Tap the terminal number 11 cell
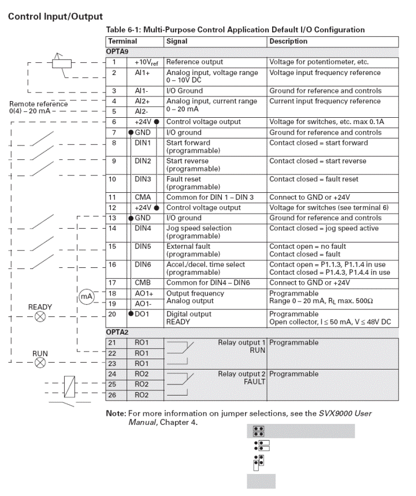tap(114, 197)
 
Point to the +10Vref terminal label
tap(144, 62)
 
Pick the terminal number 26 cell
tap(114, 396)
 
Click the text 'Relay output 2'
tap(242, 374)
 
